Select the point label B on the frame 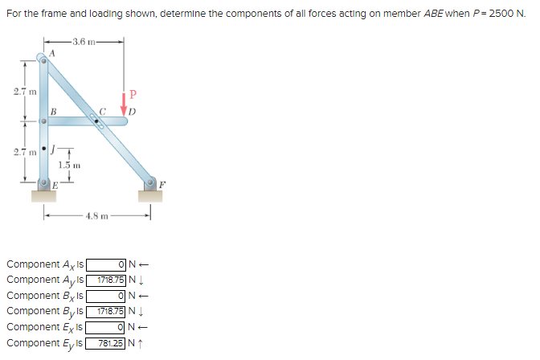[53, 111]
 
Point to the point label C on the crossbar [101, 111]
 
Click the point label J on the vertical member [53, 149]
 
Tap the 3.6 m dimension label [83, 41]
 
